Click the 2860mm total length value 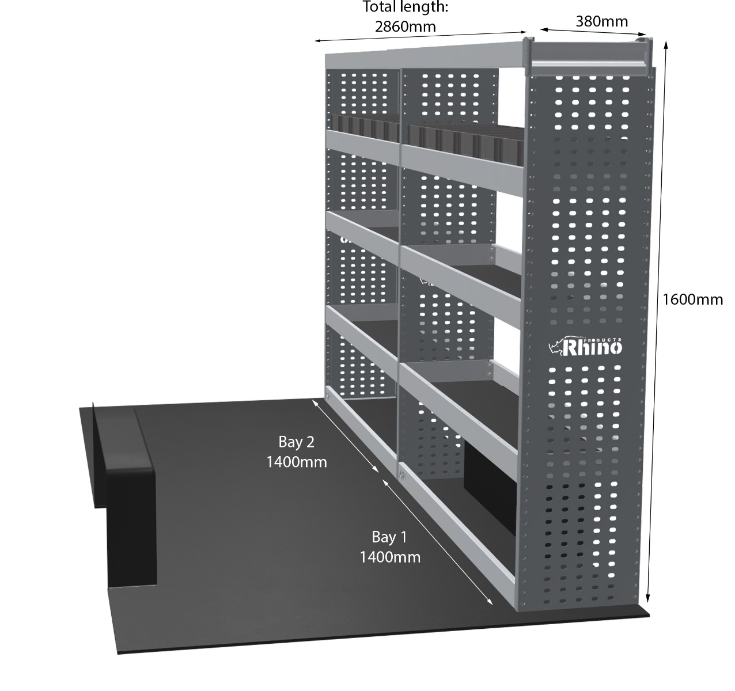pos(406,26)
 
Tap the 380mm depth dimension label pos(602,21)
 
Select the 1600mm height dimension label pos(692,299)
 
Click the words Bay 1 pos(389,537)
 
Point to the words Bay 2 pos(296,442)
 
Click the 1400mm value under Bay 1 pos(390,557)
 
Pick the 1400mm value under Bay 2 pos(297,462)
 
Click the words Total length pos(406,7)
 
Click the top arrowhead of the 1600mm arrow pos(666,45)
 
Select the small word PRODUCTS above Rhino pos(602,339)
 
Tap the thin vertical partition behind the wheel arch pos(94,455)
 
